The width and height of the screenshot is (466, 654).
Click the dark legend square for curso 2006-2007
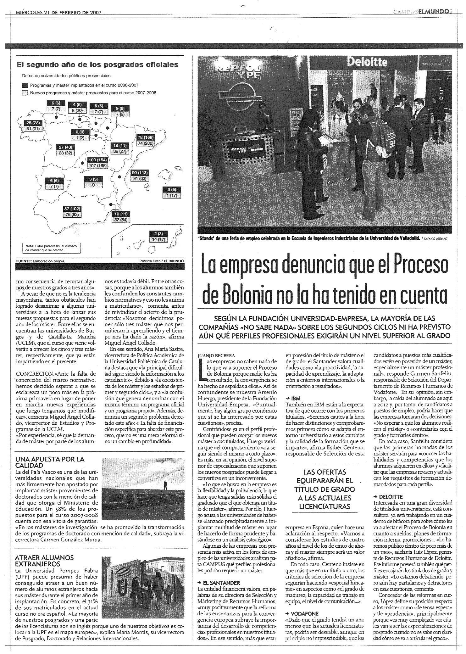tap(25, 85)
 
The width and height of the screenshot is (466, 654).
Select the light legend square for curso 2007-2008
tap(25, 93)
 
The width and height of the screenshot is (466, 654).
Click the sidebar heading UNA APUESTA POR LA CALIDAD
tap(50, 462)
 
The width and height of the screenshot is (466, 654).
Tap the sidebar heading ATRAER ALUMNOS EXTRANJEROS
tap(44, 561)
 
